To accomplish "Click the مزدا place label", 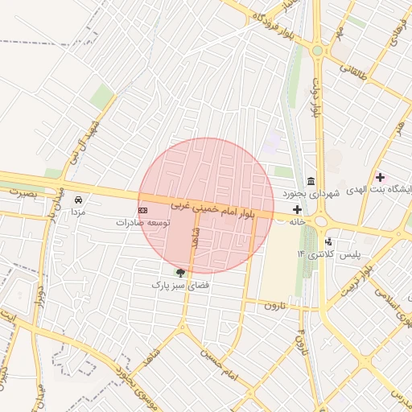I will [78, 212].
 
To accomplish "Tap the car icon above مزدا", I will [78, 199].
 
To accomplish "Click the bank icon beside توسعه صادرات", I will [143, 209].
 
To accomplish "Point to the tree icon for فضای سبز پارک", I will [180, 273].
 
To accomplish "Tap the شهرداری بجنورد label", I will [312, 194].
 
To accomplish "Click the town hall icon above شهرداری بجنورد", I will [311, 180].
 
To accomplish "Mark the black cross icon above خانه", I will [297, 209].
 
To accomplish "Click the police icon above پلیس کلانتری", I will [328, 241].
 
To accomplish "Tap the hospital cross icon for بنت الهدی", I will [380, 177].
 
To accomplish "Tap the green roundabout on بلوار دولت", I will [318, 51].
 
